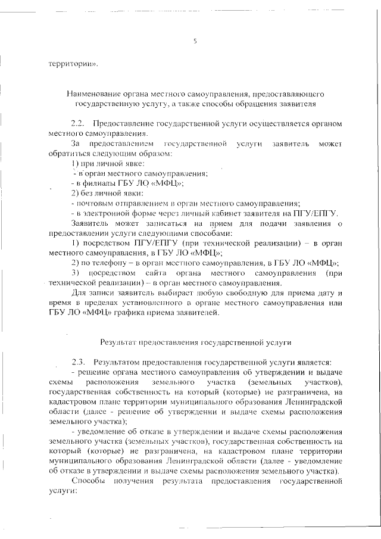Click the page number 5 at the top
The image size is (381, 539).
coord(195,41)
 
